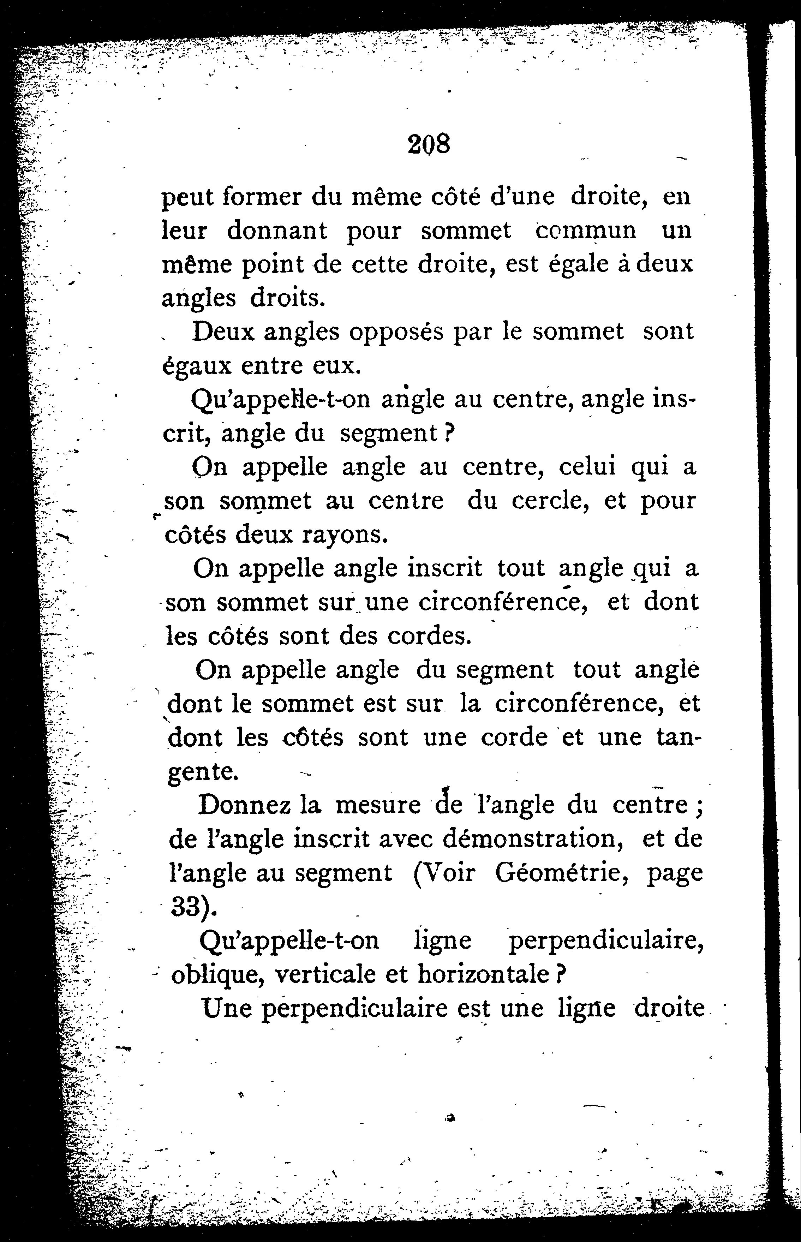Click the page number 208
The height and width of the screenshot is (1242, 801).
[428, 144]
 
